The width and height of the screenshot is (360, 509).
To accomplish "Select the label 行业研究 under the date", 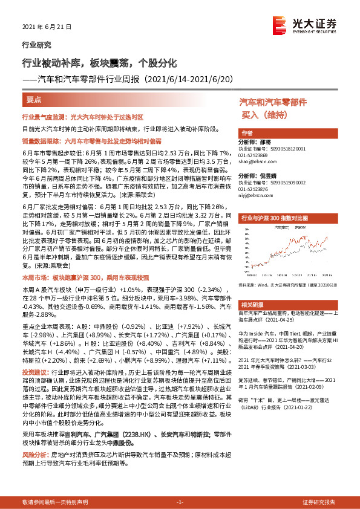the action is tap(36, 44).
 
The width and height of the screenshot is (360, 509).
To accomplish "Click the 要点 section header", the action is tap(34, 99).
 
